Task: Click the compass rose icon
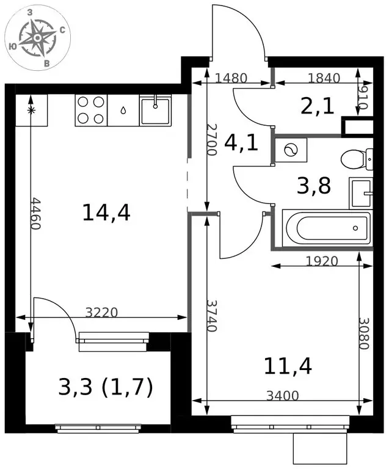pos(37,38)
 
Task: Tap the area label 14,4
pos(106,213)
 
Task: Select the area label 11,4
pos(288,366)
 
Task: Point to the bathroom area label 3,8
pos(314,186)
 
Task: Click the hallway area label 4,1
pos(241,143)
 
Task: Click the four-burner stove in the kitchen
pos(91,111)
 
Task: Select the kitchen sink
pos(155,111)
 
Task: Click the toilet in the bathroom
pos(357,159)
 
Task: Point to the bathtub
pos(327,228)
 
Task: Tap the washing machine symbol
pos(291,150)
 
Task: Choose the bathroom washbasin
pos(361,193)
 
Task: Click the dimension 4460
pos(35,213)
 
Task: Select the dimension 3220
pos(101,313)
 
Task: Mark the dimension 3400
pos(283,396)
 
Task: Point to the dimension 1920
pos(322,261)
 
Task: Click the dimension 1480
pos(231,78)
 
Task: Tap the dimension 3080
pos(365,333)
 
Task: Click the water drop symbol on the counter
pos(123,111)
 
